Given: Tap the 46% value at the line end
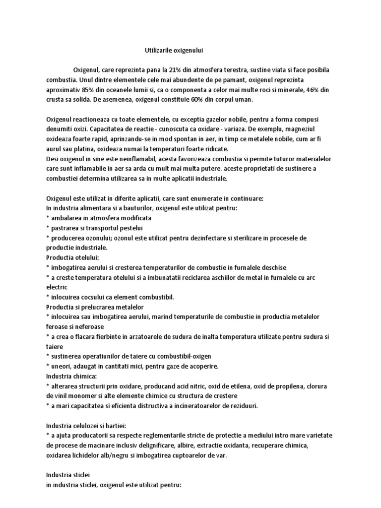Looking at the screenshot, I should (314, 90).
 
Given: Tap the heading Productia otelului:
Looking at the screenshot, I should (73, 257).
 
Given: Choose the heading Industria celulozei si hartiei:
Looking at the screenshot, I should (86, 425).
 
